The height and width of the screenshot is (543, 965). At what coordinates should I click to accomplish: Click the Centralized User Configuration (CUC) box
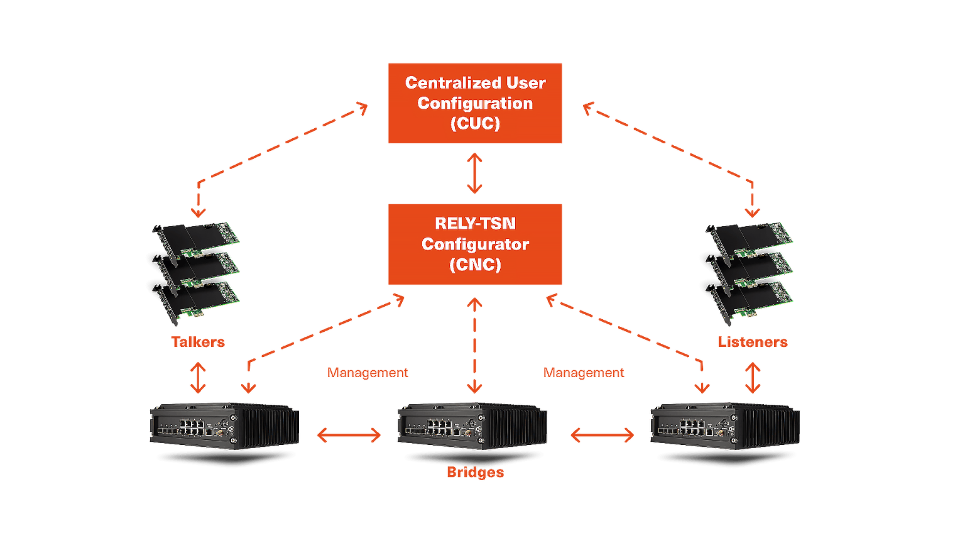pos(474,104)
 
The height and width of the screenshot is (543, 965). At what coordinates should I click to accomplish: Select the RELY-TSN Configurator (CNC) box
pos(474,244)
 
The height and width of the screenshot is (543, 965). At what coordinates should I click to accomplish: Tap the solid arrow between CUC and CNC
pos(474,173)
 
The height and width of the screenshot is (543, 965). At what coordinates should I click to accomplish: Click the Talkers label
pos(198,342)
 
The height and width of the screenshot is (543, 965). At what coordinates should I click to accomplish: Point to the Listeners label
pos(753,342)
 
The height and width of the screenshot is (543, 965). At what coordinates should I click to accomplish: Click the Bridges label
pos(475,473)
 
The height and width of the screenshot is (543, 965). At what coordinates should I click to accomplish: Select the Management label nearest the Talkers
pos(368,373)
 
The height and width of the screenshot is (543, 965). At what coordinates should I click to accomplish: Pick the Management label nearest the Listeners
pos(584,373)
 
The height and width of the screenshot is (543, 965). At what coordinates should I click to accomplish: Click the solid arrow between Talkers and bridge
pos(198,377)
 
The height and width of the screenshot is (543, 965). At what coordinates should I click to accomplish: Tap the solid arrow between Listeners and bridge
pos(753,377)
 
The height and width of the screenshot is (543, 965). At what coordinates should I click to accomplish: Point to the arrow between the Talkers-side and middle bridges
pos(349,435)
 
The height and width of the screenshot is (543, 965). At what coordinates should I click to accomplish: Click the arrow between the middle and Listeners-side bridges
pos(602,435)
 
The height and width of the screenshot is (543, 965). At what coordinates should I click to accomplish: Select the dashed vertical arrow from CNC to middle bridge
pos(474,346)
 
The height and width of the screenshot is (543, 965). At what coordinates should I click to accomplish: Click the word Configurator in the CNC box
pos(475,244)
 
